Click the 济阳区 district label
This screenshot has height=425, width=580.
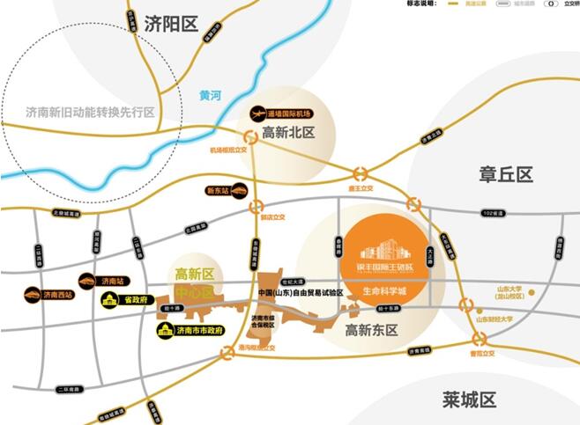(x=171, y=24)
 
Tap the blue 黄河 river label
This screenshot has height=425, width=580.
(x=211, y=95)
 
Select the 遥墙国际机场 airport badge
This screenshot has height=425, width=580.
(x=278, y=114)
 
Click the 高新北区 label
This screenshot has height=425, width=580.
(x=287, y=134)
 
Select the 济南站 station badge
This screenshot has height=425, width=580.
(x=99, y=281)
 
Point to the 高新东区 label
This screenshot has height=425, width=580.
(x=372, y=331)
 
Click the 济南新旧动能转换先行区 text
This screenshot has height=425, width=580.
(x=90, y=113)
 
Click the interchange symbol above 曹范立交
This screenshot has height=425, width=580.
(x=480, y=340)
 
